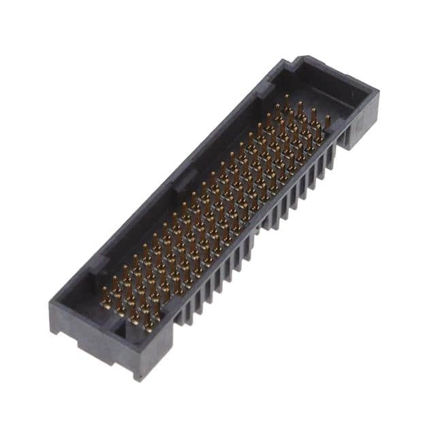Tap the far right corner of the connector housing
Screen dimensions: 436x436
(x=377, y=94)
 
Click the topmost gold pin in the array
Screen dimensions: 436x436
(x=285, y=100)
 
